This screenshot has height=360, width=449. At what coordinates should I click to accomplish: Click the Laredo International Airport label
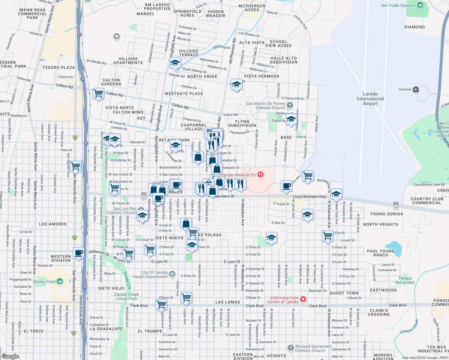370,99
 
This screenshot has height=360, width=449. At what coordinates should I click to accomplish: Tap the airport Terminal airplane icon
416,89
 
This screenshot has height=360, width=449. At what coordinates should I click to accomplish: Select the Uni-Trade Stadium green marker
420,5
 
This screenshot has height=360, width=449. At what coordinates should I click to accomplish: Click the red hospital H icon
260,175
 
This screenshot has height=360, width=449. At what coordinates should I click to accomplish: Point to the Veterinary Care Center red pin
303,299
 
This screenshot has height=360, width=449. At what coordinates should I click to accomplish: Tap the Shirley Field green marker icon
60,281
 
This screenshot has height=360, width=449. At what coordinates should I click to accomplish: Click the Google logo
10,356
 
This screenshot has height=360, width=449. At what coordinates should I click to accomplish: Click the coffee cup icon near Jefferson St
79,253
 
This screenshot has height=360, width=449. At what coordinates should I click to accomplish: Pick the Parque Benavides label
405,280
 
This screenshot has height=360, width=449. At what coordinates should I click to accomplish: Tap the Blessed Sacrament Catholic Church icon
291,348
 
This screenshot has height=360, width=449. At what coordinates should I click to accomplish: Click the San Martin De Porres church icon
290,105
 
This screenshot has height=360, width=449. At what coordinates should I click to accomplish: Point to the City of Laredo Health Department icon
172,274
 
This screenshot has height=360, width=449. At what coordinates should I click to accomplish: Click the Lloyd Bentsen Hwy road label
309,197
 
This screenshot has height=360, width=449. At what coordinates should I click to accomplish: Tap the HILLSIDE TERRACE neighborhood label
189,53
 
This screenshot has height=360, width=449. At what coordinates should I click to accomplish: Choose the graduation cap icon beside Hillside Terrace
175,63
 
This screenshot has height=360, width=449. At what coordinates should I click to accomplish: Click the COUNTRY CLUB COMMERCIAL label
427,201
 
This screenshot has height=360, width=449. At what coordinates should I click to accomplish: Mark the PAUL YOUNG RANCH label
381,253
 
